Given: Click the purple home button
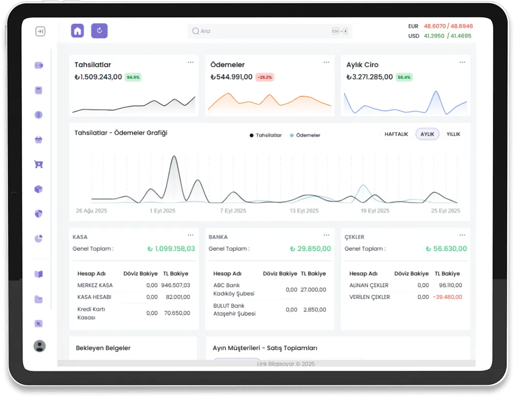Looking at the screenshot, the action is click(x=78, y=31).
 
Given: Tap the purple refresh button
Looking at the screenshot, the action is click(x=99, y=31).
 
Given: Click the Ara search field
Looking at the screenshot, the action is click(x=270, y=31).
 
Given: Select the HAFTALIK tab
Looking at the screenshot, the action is click(x=396, y=134).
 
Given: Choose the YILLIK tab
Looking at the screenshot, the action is click(x=453, y=134).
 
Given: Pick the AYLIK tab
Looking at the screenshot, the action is click(x=427, y=134).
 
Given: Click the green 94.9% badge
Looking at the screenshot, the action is click(x=133, y=77).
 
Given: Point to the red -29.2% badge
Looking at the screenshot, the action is click(x=265, y=77).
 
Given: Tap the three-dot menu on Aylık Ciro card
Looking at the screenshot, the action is click(x=462, y=62).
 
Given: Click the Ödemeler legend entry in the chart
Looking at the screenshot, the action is click(x=305, y=135).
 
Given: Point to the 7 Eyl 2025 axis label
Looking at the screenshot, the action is click(x=233, y=210).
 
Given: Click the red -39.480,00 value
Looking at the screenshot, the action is click(x=448, y=297).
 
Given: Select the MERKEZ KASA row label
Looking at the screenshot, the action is click(x=95, y=285).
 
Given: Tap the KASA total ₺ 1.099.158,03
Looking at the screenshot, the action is click(x=171, y=249).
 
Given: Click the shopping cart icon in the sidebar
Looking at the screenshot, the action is click(x=39, y=164).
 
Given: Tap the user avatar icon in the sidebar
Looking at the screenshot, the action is click(x=40, y=346).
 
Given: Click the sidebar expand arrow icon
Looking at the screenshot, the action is click(x=40, y=31).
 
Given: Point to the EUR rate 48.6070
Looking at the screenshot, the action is click(x=435, y=26).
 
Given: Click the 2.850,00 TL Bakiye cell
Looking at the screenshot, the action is click(x=315, y=309).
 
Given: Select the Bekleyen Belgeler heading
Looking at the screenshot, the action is click(x=103, y=348).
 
